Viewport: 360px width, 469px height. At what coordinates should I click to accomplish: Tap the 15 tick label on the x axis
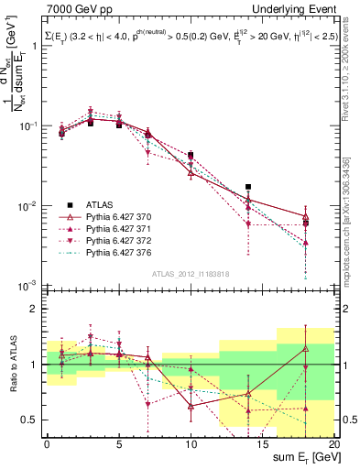click(x=263, y=444)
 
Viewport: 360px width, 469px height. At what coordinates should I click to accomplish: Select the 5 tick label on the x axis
click(x=119, y=444)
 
